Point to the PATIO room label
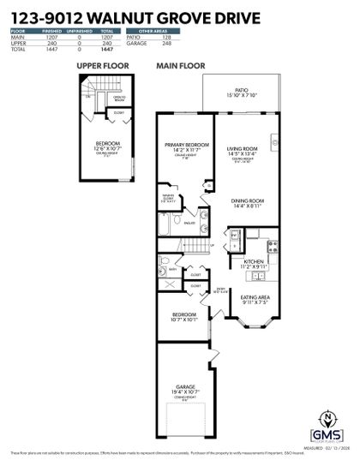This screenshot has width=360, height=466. click(x=242, y=91)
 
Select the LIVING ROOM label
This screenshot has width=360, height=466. click(x=243, y=151)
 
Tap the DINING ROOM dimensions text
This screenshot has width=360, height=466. click(x=246, y=206)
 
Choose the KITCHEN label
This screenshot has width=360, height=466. click(x=253, y=263)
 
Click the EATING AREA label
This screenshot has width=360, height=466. click(x=255, y=299)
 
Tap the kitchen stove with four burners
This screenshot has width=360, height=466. click(x=272, y=247)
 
